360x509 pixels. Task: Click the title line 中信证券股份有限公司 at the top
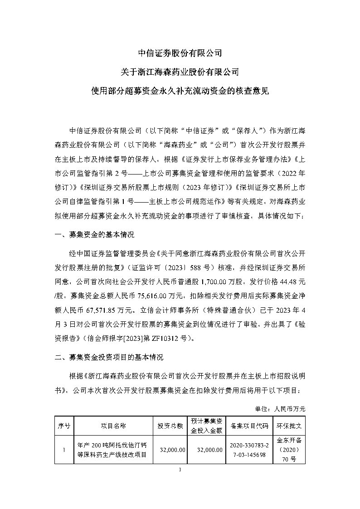180,53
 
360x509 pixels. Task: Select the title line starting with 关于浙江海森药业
180,71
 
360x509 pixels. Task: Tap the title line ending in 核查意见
180,90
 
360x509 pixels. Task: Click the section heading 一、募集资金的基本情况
94,236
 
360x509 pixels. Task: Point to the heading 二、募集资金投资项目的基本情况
108,357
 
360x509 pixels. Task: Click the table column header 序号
64,426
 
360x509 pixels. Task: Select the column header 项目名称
113,426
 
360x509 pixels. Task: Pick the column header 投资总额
170,426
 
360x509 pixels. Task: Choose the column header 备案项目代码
249,426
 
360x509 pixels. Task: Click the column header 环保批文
292,426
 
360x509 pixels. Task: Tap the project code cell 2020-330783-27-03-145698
249,450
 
